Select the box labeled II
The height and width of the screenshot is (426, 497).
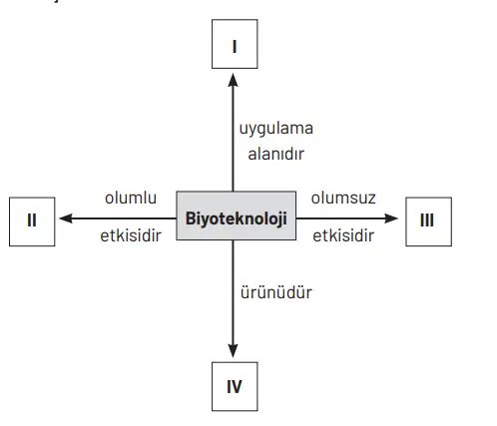(33, 217)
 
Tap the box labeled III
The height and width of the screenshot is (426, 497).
(427, 217)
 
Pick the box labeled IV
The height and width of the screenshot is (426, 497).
(235, 384)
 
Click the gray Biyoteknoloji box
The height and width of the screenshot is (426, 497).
(236, 216)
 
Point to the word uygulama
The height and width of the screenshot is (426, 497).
(276, 130)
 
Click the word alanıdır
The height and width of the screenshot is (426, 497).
(275, 154)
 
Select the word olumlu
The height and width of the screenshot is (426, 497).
(132, 198)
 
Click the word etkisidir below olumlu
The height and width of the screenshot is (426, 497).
(131, 237)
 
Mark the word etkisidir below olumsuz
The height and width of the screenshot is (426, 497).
(342, 237)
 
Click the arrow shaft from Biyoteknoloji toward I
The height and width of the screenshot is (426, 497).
(234, 140)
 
